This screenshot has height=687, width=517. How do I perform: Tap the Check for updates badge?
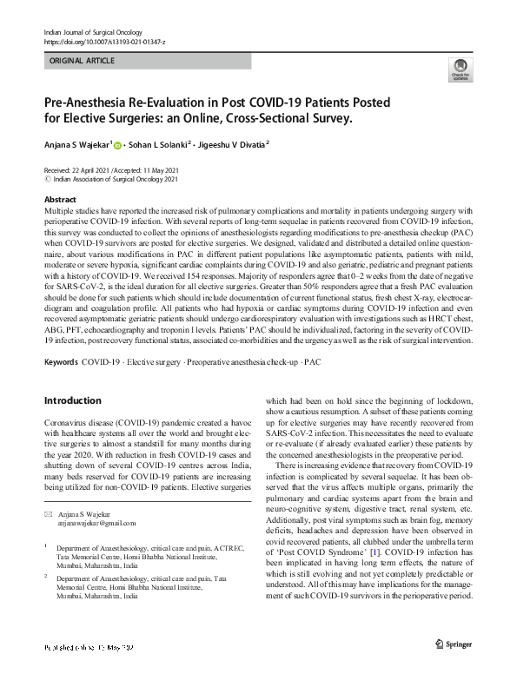tap(460, 71)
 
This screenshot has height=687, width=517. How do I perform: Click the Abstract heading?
tap(59, 199)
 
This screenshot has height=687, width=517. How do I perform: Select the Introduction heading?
tap(72, 401)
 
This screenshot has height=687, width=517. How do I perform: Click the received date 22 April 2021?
tap(89, 169)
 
